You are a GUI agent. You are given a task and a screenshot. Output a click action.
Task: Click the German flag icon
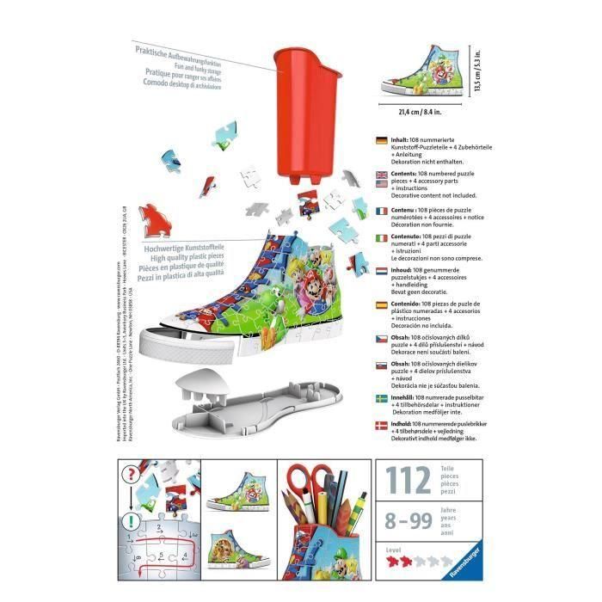coord(383,138)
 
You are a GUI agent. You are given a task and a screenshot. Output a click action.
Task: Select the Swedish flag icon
coord(383,400)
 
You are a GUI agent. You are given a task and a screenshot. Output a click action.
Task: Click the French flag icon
coord(383,209)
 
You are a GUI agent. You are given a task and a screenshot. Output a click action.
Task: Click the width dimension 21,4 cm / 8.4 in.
coord(421,111)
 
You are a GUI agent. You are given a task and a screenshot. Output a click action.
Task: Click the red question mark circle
coord(131,475)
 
